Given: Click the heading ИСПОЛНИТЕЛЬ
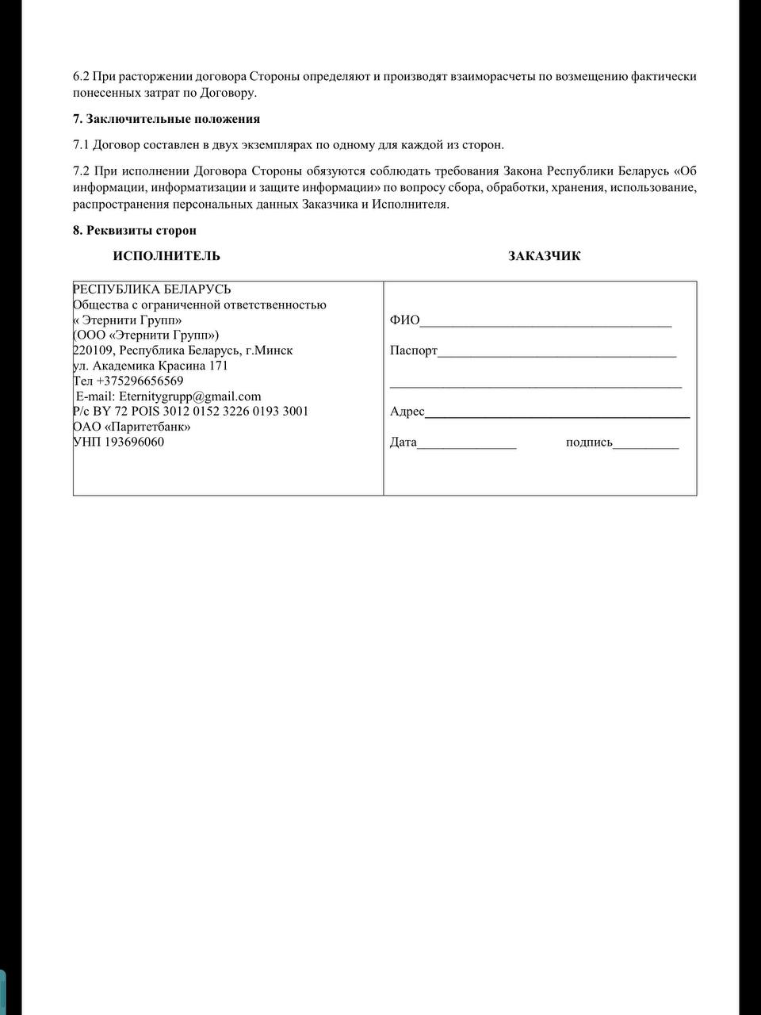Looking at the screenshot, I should click(166, 256).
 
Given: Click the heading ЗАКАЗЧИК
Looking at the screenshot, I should click(544, 256).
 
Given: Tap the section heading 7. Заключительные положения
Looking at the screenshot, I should click(166, 119).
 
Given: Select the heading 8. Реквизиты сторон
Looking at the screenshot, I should click(135, 230).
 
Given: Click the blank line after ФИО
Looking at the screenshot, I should click(545, 322).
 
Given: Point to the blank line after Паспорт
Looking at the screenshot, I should click(556, 352).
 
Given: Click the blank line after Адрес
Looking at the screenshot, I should click(556, 413).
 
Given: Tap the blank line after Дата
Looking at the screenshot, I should click(467, 444).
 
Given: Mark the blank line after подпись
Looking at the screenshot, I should click(646, 444).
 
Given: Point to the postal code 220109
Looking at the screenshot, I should click(93, 350).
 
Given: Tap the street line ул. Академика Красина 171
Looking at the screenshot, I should click(150, 366).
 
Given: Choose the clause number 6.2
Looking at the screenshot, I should click(82, 77).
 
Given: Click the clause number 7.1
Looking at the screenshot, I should click(82, 145).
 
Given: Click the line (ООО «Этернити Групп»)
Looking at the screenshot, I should click(146, 335).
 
